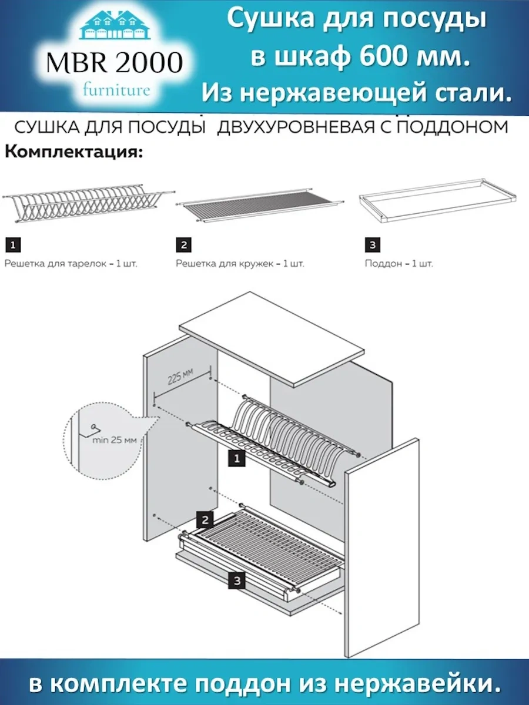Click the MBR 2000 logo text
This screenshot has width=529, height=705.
click(x=114, y=63)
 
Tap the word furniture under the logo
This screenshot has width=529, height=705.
click(x=116, y=90)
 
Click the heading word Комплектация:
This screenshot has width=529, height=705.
click(x=74, y=153)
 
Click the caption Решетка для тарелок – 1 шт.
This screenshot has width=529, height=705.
click(x=71, y=264)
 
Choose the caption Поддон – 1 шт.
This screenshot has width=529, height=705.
click(x=399, y=264)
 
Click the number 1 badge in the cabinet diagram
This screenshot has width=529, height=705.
click(x=236, y=459)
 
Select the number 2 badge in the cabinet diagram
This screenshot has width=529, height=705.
click(x=204, y=519)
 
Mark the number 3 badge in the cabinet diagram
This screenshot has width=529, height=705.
click(x=236, y=580)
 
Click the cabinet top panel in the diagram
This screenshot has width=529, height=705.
click(x=272, y=338)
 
